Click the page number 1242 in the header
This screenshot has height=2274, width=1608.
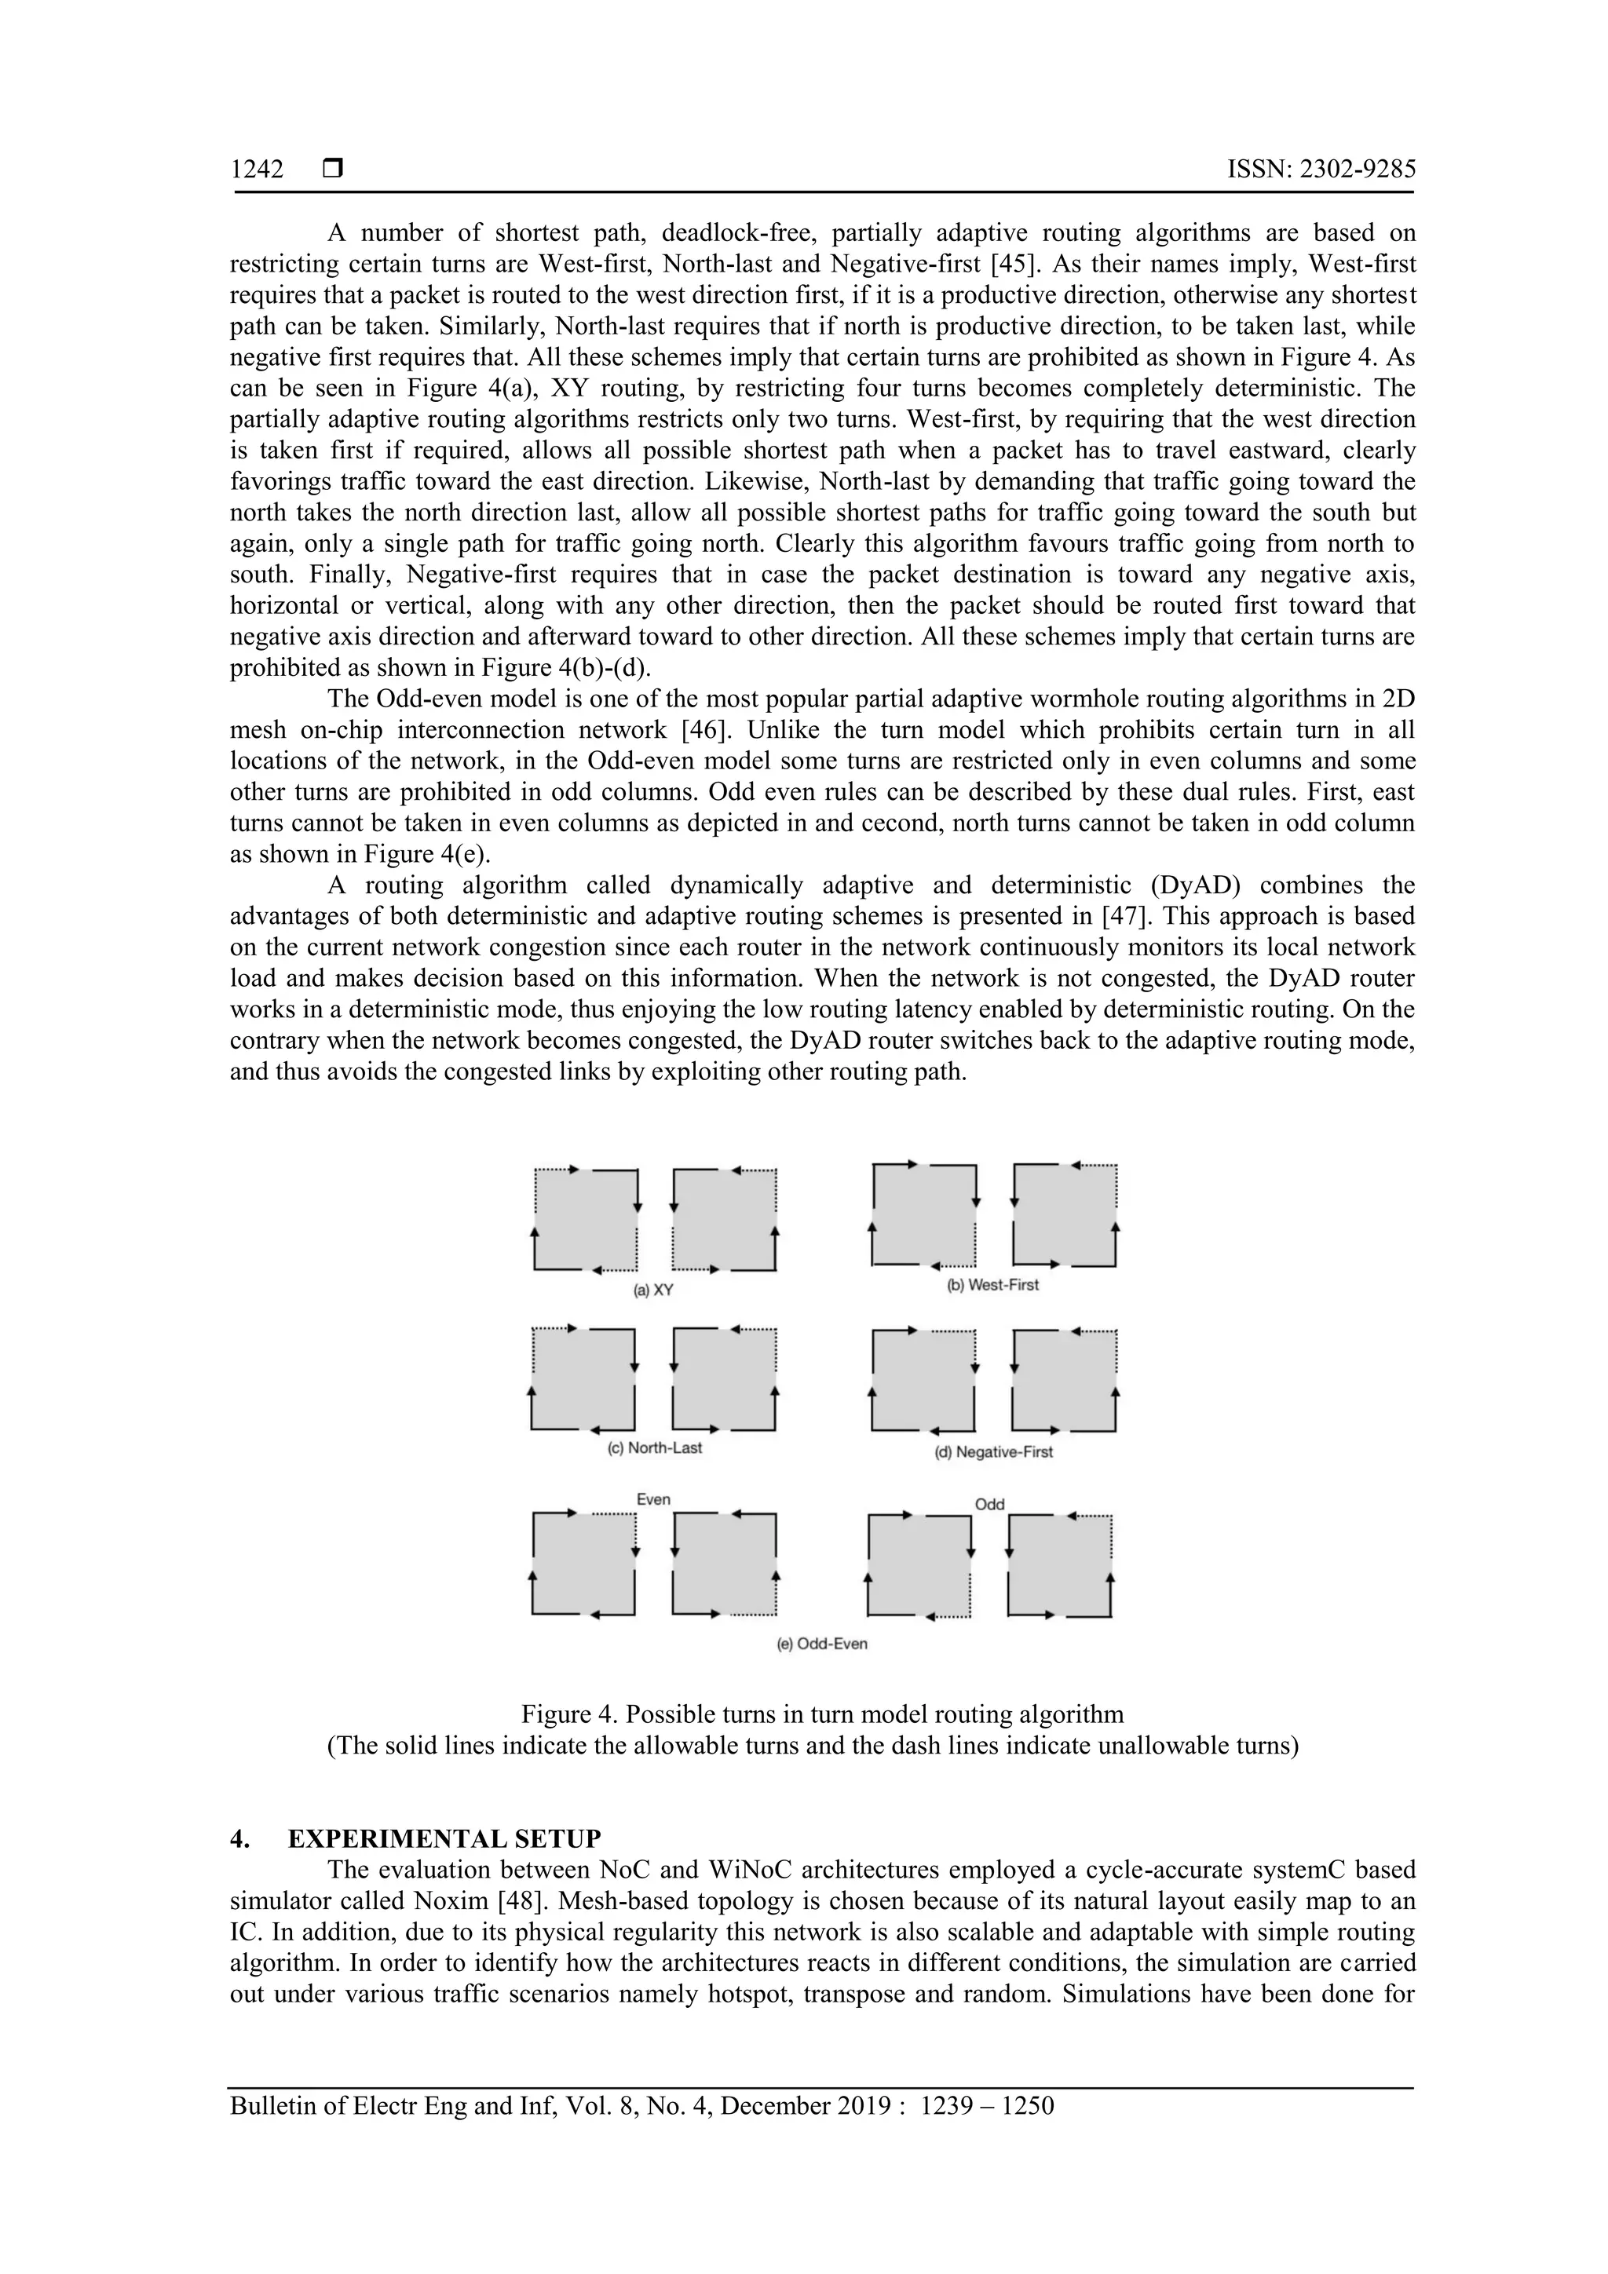[x=257, y=170]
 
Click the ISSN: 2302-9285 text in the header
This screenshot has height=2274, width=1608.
[x=1321, y=170]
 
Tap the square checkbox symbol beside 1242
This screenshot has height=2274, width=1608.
[x=333, y=170]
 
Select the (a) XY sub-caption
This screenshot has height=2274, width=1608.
[x=654, y=1290]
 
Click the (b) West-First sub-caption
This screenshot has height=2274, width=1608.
[x=992, y=1285]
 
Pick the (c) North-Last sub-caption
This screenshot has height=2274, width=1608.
[x=654, y=1448]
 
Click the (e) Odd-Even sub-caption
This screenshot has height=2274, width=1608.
[x=822, y=1644]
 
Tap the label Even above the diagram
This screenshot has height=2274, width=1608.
[x=654, y=1499]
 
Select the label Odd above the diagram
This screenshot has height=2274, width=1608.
[x=989, y=1505]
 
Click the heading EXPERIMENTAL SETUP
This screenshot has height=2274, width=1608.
[x=444, y=1839]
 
